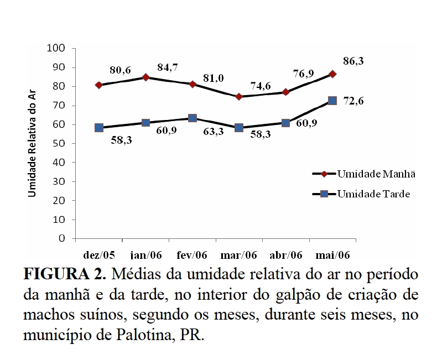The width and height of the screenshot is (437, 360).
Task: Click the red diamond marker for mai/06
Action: pos(332,74)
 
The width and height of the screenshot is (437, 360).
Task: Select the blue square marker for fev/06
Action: pos(193,118)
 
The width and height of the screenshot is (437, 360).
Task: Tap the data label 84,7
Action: pos(169,68)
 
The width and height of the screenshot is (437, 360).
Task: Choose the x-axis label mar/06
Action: pos(238,255)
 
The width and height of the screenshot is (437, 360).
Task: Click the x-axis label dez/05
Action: pos(99,255)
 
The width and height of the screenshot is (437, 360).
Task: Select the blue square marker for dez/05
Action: pos(99,128)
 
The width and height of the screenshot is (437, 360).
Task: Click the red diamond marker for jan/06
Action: pos(145,77)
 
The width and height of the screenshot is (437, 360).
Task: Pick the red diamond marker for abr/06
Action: pos(286,92)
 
